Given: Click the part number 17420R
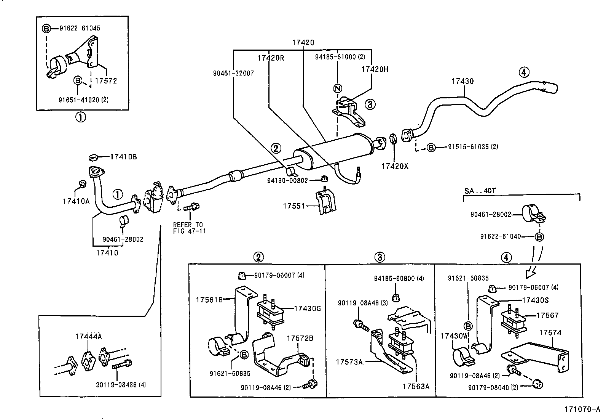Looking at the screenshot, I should click(x=271, y=58).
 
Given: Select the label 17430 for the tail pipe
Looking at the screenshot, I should click(x=462, y=81).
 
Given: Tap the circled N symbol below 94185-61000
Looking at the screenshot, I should click(x=337, y=89).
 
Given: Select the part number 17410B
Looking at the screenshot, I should click(x=123, y=157).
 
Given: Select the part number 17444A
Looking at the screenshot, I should click(x=89, y=336).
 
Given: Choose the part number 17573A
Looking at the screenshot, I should click(x=349, y=361).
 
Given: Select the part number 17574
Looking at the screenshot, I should click(x=550, y=333).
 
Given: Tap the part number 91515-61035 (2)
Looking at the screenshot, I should click(x=473, y=147).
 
